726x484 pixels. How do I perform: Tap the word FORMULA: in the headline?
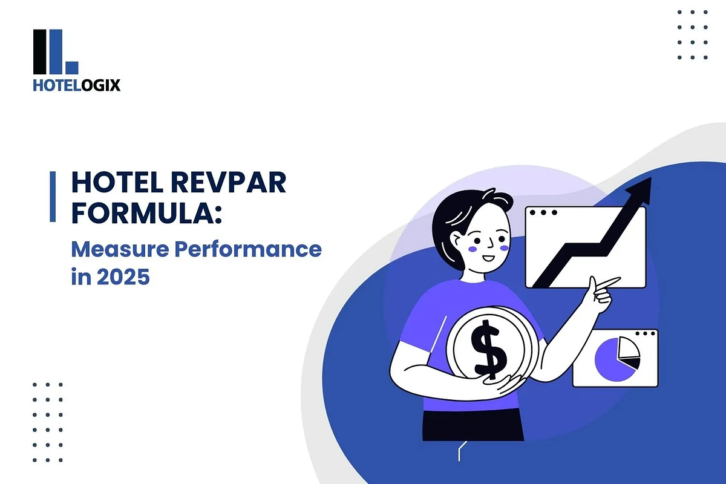point(143,215)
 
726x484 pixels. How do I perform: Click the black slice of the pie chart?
point(632,363)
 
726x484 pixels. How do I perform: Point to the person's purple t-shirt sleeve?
point(417,327)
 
